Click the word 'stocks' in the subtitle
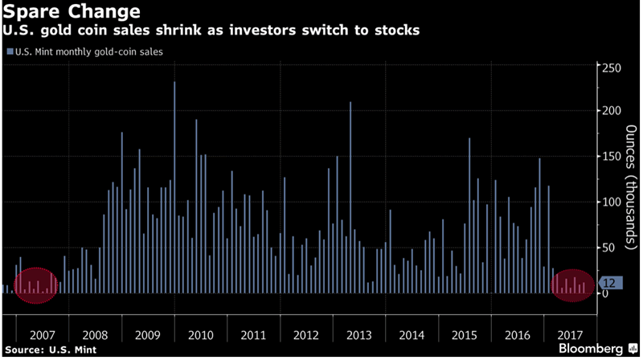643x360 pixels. click(x=397, y=31)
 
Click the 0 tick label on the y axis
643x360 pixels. click(x=604, y=293)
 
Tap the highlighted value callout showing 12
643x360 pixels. click(x=608, y=282)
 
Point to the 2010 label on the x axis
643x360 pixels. click(x=200, y=333)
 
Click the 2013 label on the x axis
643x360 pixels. click(x=359, y=333)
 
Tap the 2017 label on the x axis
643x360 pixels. click(x=568, y=333)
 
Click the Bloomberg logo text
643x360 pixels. click(x=590, y=349)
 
